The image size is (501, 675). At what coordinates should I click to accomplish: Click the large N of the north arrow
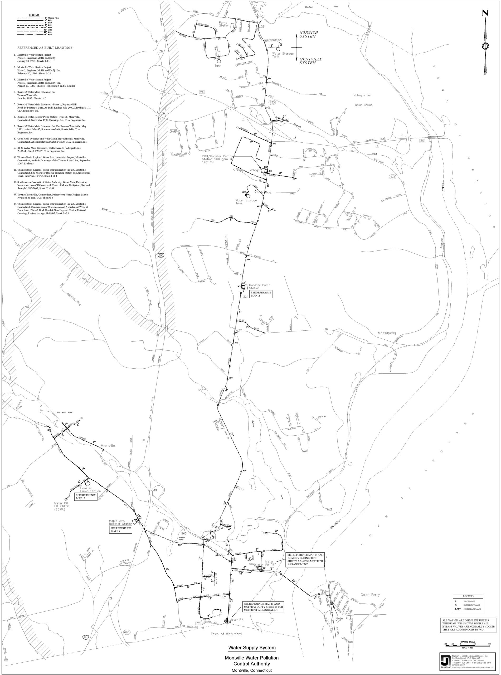pos(485,13)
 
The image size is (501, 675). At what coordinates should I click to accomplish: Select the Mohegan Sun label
pos(362,95)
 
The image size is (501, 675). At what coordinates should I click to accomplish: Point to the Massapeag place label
pos(387,333)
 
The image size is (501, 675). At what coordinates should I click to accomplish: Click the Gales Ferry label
pos(370,595)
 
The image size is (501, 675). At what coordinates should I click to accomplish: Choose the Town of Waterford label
pos(226,634)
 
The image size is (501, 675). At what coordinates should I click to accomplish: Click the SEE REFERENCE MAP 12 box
pos(86,496)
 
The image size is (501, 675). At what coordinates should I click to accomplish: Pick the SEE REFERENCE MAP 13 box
pos(121,530)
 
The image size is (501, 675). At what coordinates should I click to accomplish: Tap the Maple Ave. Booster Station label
pos(121,522)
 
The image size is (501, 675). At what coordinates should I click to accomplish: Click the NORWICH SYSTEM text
pos(309,34)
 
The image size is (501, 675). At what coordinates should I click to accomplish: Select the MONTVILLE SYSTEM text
pos(310,61)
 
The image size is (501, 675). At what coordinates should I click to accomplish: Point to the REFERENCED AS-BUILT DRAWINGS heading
pos(45,48)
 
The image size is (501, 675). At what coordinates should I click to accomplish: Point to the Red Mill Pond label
pos(65,413)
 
